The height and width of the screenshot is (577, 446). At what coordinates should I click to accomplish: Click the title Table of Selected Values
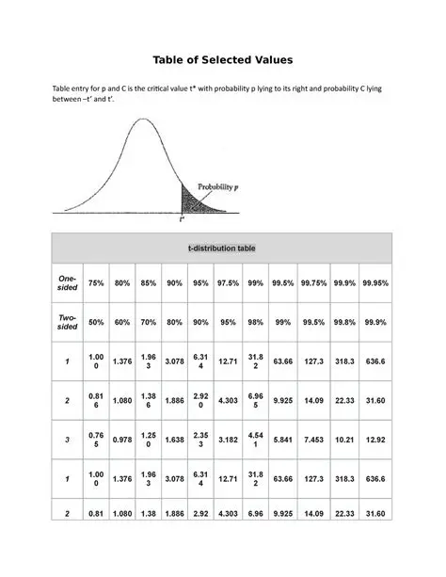pyautogui.click(x=223, y=59)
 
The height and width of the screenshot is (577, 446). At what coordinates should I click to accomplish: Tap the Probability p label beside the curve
pyautogui.click(x=222, y=187)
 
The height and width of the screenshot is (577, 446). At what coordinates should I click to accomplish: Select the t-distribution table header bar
pyautogui.click(x=222, y=248)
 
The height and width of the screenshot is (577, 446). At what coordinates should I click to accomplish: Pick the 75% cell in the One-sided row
pyautogui.click(x=96, y=283)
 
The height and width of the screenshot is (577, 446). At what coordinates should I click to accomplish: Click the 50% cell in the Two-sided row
pyautogui.click(x=96, y=322)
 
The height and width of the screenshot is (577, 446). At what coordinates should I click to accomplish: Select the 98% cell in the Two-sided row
pyautogui.click(x=255, y=322)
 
